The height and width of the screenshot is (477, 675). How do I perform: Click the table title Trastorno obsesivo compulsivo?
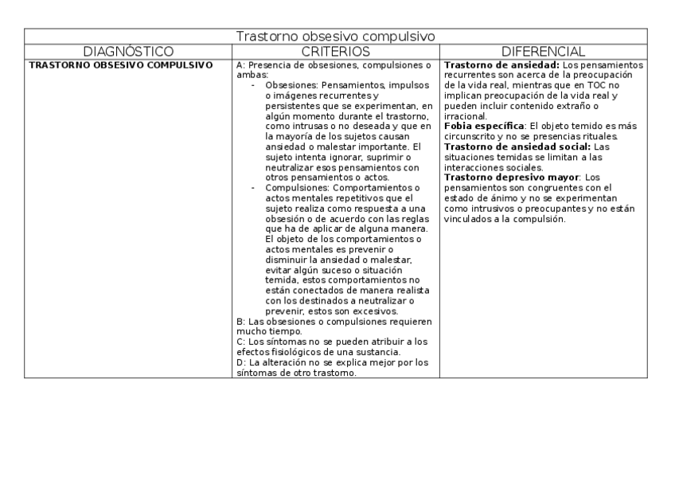[x=336, y=37]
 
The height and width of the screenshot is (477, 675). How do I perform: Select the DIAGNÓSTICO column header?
[x=128, y=51]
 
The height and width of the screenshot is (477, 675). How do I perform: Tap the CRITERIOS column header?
[x=336, y=51]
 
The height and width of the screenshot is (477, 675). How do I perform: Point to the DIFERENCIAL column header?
[x=544, y=51]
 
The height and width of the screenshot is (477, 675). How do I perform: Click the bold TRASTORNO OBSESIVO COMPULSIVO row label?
[x=120, y=65]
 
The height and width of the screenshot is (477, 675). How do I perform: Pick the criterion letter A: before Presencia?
[x=241, y=65]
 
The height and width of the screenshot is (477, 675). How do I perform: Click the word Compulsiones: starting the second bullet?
[x=298, y=187]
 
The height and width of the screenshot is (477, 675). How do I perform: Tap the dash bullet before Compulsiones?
[x=253, y=187]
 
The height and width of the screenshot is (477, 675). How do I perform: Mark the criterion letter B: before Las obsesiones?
[x=241, y=322]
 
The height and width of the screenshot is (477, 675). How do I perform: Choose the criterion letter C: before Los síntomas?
[x=241, y=342]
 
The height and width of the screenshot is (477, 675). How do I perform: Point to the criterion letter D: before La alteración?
[x=241, y=362]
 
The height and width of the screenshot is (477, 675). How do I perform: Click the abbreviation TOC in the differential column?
[x=595, y=84]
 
